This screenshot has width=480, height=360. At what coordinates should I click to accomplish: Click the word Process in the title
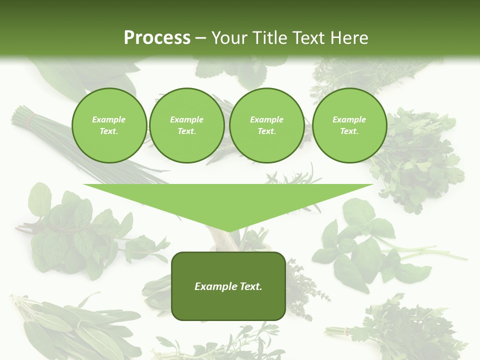tap(157, 38)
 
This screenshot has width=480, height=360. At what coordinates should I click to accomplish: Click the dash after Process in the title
tap(200, 38)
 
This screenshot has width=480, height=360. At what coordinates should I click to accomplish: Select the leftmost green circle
tap(109, 125)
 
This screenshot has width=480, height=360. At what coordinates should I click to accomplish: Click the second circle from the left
tap(186, 125)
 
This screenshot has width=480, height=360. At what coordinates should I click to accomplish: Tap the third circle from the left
tap(266, 125)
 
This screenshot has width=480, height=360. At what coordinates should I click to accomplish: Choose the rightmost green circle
tap(349, 125)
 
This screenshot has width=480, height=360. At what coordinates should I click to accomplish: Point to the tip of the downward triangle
tap(228, 231)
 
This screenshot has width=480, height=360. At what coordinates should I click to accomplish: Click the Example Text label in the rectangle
tap(228, 286)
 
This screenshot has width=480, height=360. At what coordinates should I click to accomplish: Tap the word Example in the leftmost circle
tap(109, 119)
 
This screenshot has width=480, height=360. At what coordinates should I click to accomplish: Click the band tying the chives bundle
tap(31, 119)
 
